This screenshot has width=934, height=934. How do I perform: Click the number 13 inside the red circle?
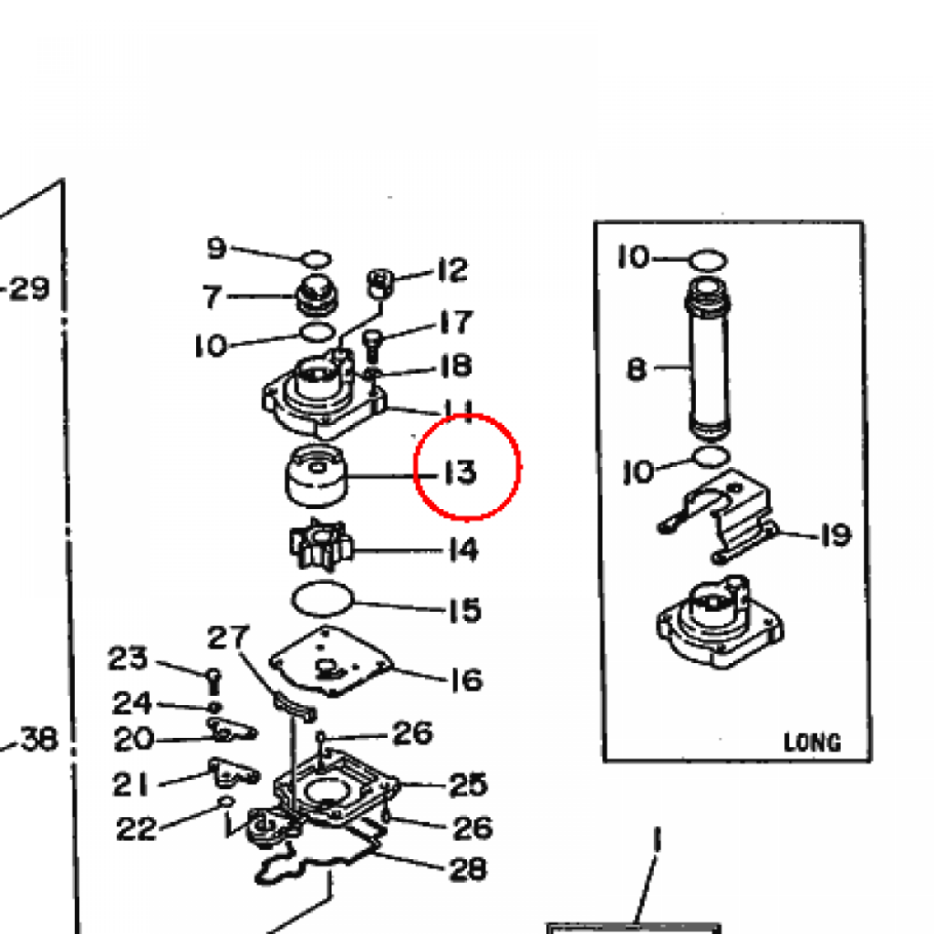461,472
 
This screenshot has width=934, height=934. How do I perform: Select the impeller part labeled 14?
321,545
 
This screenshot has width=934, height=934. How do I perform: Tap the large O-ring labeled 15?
322,599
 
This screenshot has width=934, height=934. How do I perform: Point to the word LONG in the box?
812,742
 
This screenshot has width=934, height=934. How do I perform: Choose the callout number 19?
835,534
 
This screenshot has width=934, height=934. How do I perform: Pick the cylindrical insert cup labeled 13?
317,475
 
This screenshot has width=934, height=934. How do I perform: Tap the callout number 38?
39,739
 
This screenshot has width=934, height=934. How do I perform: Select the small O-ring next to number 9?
317,260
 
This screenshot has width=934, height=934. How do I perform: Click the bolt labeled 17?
373,346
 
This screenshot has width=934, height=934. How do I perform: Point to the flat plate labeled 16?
332,660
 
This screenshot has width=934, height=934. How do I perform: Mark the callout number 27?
228,638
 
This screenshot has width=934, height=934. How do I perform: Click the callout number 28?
468,869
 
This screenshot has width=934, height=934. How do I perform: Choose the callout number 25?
468,784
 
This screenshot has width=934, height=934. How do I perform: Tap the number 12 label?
452,270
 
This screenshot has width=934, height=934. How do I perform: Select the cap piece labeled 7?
317,296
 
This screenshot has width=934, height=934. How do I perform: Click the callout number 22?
137,828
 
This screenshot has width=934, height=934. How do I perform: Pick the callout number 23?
128,658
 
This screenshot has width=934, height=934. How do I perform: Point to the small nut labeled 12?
380,283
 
